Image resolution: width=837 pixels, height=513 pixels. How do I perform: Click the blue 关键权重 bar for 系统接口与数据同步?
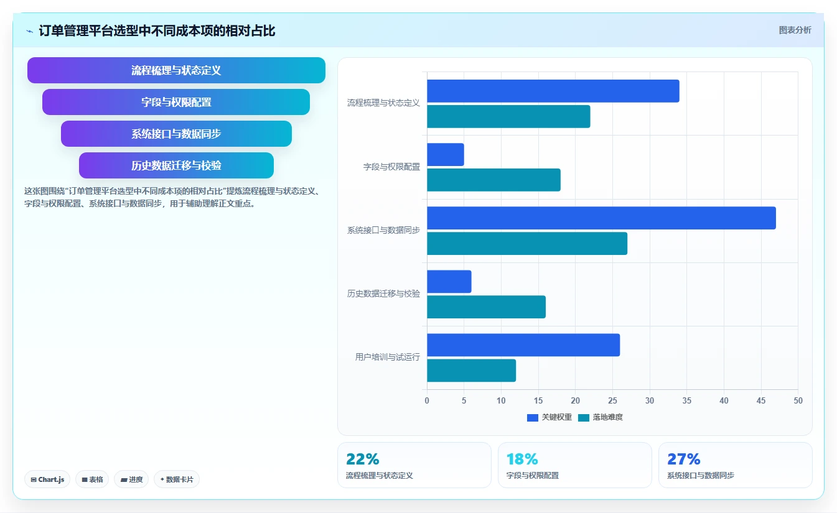click(601, 218)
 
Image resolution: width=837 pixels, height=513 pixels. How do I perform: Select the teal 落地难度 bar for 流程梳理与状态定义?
click(508, 116)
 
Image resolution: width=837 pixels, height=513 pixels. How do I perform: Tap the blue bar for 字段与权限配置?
click(446, 155)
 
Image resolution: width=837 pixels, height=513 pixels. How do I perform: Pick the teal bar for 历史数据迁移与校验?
click(486, 307)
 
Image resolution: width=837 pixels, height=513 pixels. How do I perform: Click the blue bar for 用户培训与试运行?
click(523, 345)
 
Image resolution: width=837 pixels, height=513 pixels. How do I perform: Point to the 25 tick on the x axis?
click(612, 400)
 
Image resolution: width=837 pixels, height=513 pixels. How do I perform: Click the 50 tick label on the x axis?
click(798, 400)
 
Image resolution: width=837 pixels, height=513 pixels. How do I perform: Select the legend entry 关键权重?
click(549, 417)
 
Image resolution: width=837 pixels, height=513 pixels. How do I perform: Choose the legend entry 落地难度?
click(601, 417)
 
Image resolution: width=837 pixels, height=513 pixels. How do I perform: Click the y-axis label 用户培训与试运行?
click(388, 358)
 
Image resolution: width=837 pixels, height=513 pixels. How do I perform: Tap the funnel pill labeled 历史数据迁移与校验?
click(176, 165)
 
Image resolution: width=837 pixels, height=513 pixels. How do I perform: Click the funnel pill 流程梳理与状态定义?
click(176, 70)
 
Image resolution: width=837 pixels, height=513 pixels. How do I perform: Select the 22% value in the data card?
click(362, 460)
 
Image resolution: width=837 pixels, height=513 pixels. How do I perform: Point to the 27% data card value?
click(684, 460)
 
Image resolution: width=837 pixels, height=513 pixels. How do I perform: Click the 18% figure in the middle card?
click(522, 460)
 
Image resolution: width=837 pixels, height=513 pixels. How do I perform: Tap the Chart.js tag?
click(47, 479)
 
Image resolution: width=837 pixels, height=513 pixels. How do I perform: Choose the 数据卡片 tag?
click(177, 479)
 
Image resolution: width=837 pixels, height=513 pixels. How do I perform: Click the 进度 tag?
click(131, 479)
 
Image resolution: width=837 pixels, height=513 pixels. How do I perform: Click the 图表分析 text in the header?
click(795, 30)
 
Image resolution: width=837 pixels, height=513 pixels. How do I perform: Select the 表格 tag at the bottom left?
click(92, 479)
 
